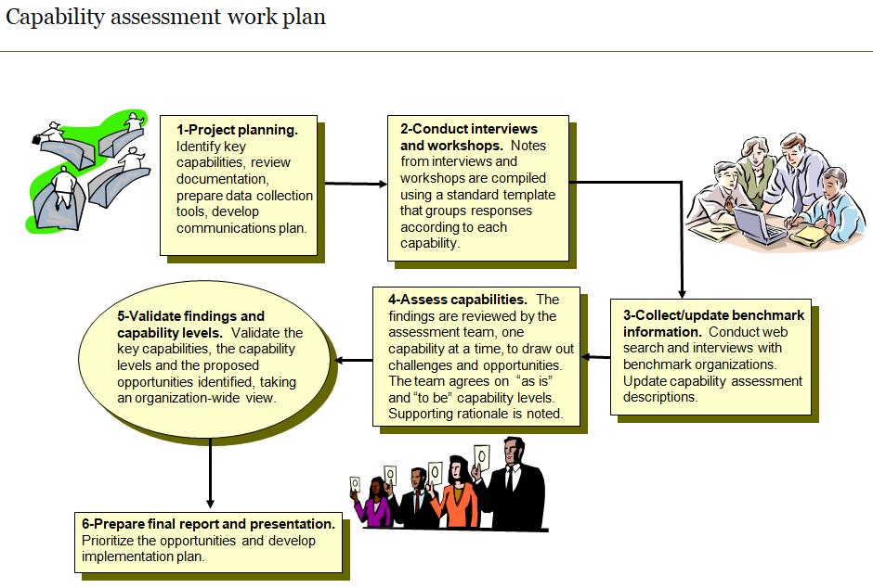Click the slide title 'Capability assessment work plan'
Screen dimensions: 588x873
point(166,18)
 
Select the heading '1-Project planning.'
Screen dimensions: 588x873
point(237,131)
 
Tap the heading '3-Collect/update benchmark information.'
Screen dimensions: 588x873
point(713,323)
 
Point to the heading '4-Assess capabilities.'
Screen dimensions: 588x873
point(458,300)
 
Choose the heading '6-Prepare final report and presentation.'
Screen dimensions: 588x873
point(208,524)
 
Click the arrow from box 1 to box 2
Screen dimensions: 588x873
point(352,184)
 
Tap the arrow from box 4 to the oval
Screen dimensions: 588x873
point(353,359)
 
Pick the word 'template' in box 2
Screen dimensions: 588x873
point(528,195)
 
